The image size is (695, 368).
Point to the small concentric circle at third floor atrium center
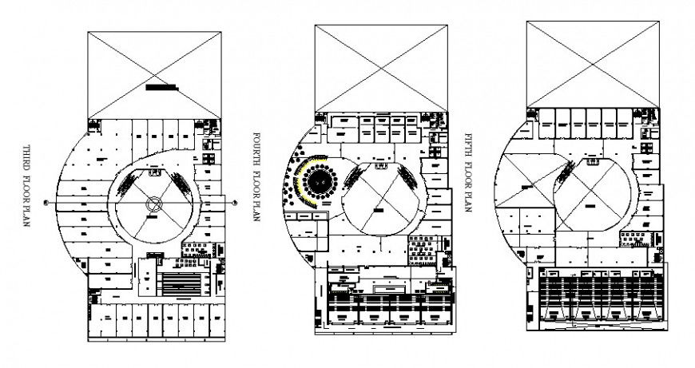(x=154, y=206)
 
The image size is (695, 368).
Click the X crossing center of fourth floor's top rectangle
(x=379, y=68)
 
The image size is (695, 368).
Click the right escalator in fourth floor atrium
(x=408, y=179)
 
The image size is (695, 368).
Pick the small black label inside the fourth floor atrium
(x=376, y=209)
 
